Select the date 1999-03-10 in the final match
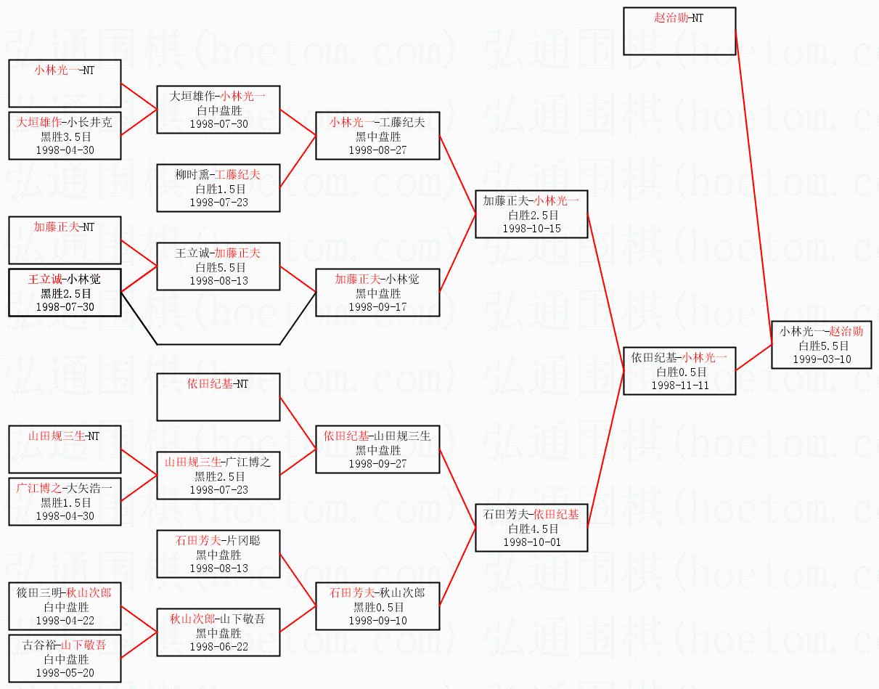point(822,359)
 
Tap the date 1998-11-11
point(679,386)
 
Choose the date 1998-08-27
point(377,150)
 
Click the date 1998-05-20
point(65,673)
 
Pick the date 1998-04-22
point(65,621)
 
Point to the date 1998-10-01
point(532,542)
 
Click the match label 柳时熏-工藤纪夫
point(218,175)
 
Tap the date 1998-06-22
point(218,646)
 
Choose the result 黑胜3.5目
point(66,136)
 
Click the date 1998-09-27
point(377,464)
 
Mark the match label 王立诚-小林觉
point(65,280)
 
